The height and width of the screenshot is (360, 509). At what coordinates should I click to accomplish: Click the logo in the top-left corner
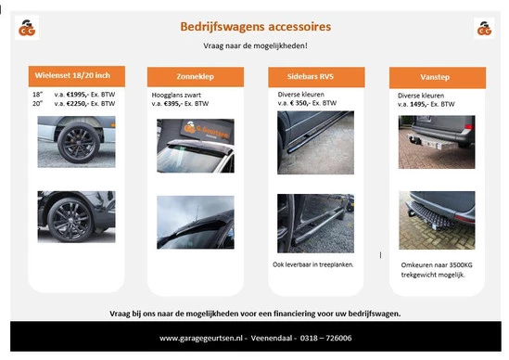[x=26, y=28]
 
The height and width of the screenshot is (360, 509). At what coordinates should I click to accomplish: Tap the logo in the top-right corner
[x=483, y=28]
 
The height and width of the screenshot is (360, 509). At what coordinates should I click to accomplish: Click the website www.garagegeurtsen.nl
[x=203, y=338]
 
